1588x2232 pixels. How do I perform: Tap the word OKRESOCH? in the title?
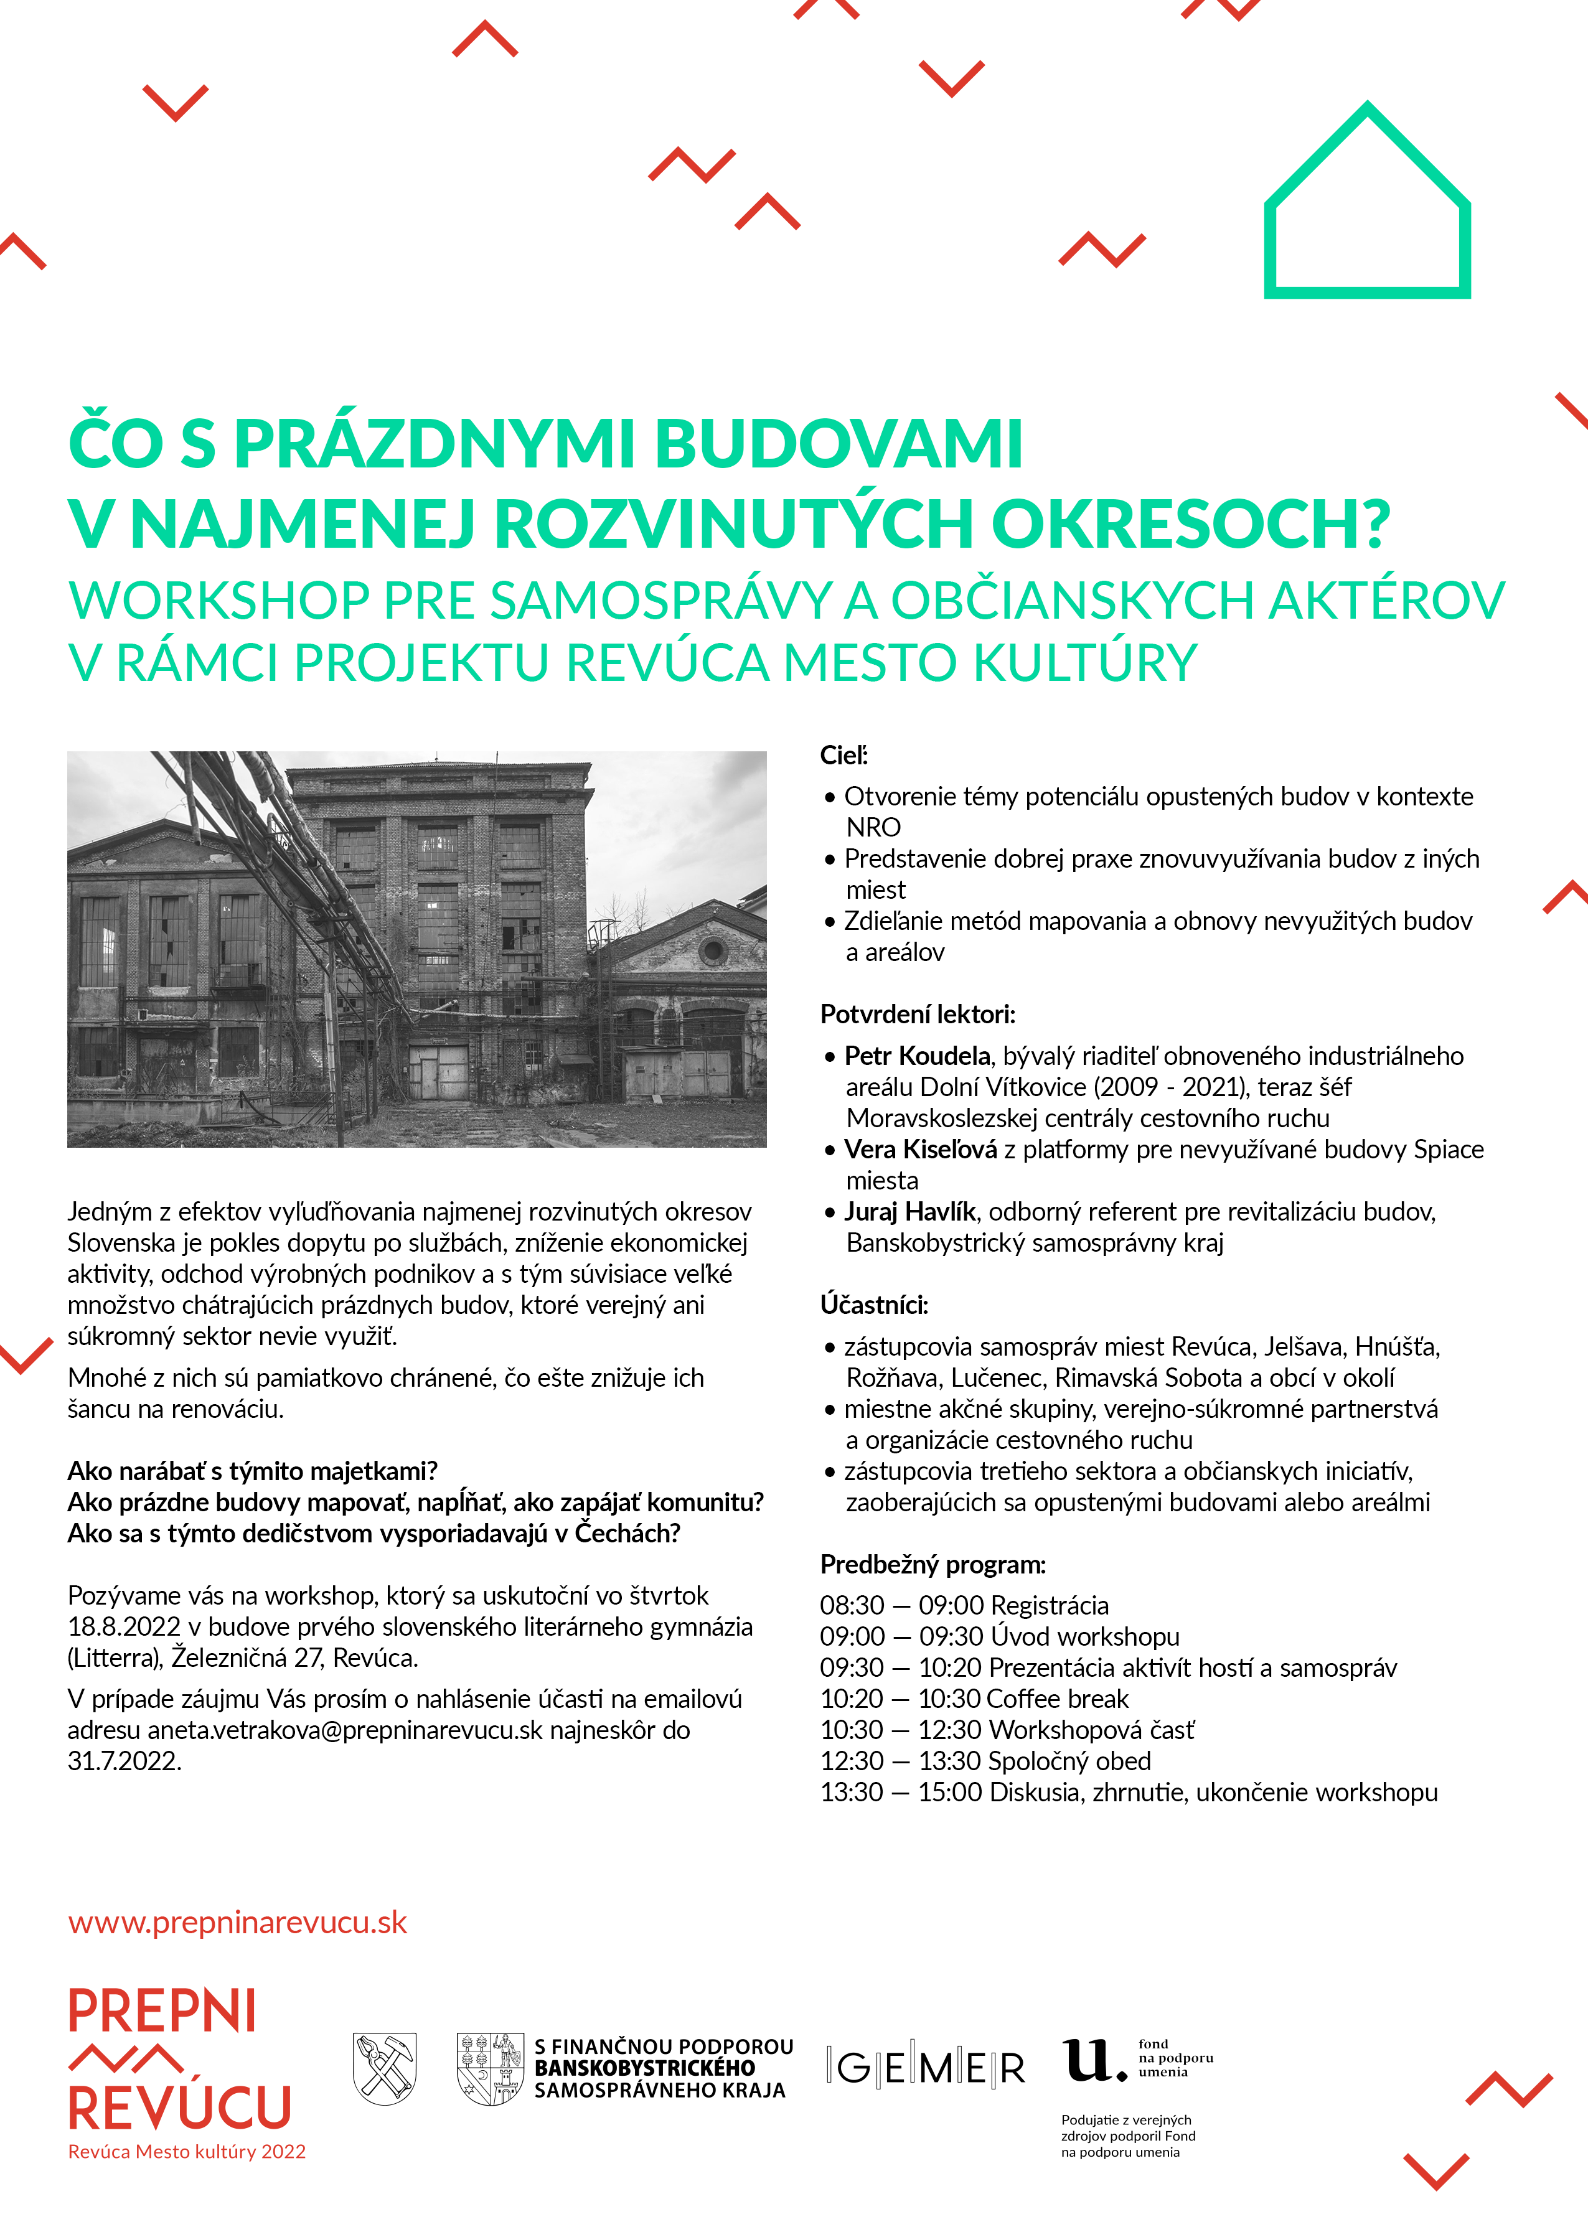click(x=1191, y=525)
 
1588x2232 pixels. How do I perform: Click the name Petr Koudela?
click(x=917, y=1056)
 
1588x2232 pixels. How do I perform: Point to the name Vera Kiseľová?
click(x=920, y=1150)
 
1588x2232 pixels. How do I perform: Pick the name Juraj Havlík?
click(x=909, y=1212)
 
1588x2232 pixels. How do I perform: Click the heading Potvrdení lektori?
click(x=917, y=1014)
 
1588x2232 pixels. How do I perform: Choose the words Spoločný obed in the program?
click(x=1069, y=1761)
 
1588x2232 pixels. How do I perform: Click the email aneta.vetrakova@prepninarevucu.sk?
click(x=344, y=1730)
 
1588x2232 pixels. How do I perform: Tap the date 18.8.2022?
click(x=124, y=1627)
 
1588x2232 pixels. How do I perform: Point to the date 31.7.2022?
click(x=124, y=1761)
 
